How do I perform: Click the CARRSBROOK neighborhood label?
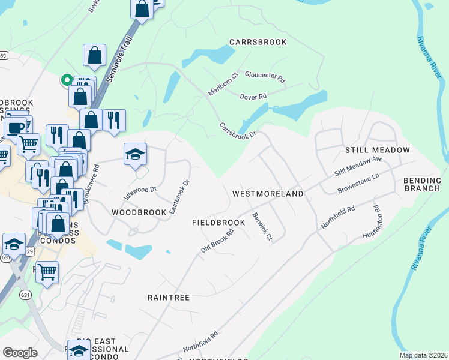point(258,42)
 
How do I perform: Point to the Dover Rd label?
point(253,97)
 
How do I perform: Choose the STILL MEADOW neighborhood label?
point(377,150)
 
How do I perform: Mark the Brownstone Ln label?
point(359,182)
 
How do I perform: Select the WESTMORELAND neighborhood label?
point(267,194)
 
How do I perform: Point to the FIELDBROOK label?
point(218,223)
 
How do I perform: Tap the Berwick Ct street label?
point(262,227)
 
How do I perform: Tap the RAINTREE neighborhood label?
point(169,298)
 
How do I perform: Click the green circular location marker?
point(66,79)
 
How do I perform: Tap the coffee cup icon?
point(15,127)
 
